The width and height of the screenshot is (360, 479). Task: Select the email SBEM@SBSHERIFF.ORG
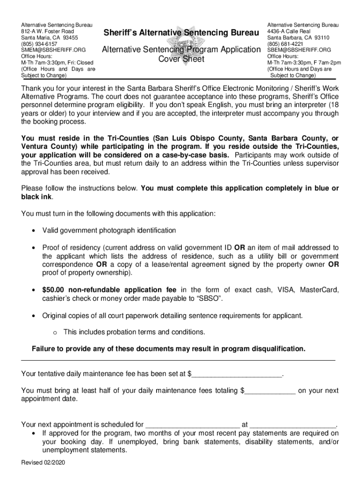[299, 50]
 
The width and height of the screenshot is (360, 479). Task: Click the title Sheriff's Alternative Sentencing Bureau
[181, 33]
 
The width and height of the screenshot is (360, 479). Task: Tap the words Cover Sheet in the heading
[181, 59]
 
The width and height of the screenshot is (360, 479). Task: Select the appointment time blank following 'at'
[293, 425]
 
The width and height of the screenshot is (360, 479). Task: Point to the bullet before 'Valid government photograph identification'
[33, 231]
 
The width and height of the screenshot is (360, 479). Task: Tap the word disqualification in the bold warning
[276, 349]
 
